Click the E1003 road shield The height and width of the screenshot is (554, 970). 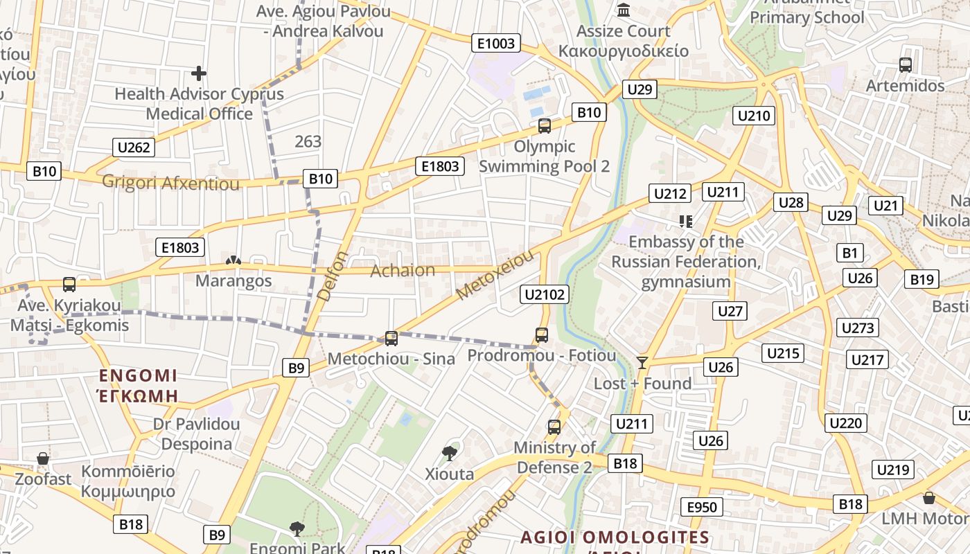497,44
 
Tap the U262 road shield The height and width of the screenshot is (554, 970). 134,147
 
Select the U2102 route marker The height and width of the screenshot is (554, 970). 545,295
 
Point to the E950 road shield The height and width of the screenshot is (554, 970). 702,507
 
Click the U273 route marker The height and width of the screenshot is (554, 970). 858,328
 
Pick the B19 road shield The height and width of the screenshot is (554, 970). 922,280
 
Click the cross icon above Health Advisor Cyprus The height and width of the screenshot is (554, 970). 199,73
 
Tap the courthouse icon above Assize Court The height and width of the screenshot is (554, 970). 624,11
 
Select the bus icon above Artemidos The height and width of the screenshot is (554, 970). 905,65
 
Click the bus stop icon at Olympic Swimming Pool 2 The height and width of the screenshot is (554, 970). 545,126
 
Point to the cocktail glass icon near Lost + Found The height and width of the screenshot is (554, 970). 643,362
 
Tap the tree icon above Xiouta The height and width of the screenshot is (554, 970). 450,454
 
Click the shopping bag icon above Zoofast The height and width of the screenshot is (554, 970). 43,458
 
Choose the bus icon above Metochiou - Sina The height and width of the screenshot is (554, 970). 391,338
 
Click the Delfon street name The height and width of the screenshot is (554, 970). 333,275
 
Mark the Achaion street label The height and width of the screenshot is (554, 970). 403,270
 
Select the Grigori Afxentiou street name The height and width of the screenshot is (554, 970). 170,183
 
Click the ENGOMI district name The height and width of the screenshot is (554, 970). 138,376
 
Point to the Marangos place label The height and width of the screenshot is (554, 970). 233,280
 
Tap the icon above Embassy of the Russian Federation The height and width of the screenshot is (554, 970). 686,222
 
